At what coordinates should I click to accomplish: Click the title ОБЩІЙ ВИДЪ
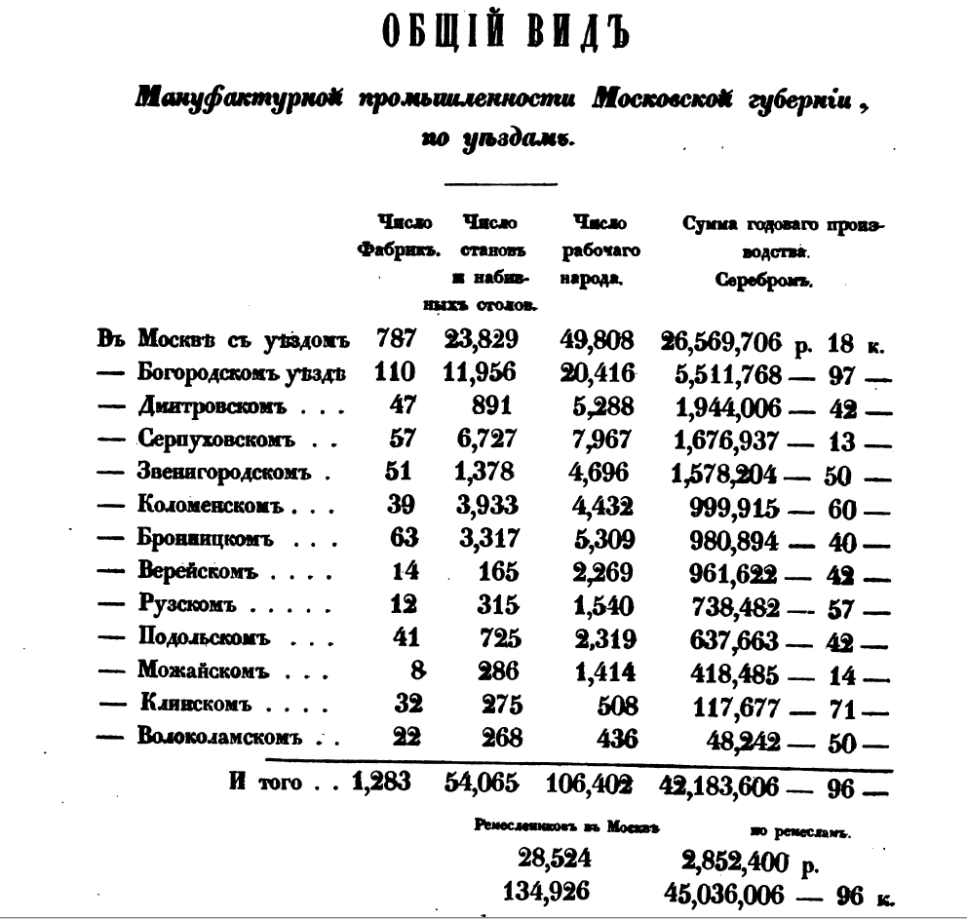point(504,32)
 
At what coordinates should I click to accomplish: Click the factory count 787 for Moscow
point(397,340)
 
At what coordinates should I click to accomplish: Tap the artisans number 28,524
point(554,860)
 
